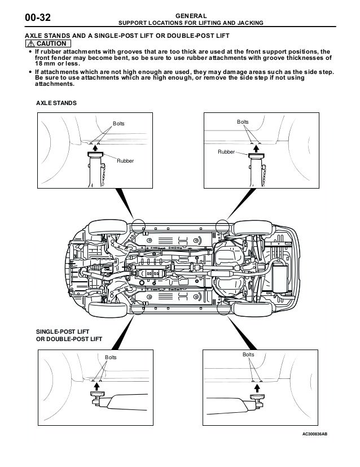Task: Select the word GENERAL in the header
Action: click(x=190, y=15)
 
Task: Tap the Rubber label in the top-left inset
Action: click(x=125, y=162)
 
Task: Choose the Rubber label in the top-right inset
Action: click(x=227, y=152)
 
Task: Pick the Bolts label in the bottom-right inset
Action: click(x=248, y=354)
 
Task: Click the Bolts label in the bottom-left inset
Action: click(x=111, y=357)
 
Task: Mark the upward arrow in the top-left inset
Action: click(x=95, y=149)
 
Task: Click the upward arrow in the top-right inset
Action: click(x=258, y=149)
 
